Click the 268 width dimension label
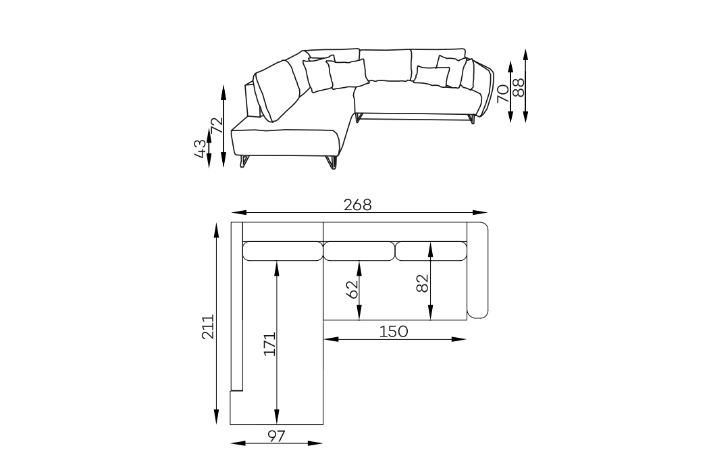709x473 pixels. tap(358, 205)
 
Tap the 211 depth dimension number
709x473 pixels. tap(208, 326)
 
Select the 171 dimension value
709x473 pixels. tap(269, 344)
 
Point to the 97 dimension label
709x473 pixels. tap(276, 437)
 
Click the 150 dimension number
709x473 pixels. tap(394, 332)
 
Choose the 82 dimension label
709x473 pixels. tap(422, 284)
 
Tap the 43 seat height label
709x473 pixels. tap(201, 149)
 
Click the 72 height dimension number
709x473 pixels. tap(217, 125)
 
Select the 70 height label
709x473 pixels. tap(503, 94)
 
